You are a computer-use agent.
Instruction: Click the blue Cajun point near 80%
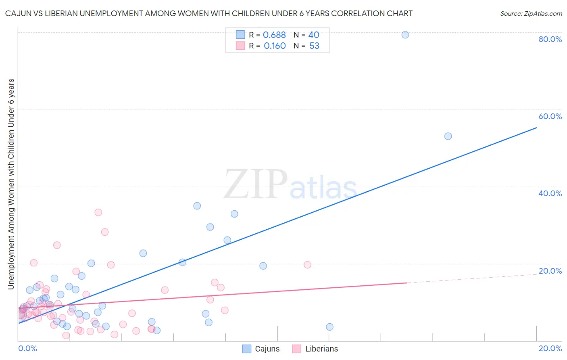coord(405,35)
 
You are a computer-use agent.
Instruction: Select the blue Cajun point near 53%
coord(448,136)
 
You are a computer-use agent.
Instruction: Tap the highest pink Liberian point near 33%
coord(98,212)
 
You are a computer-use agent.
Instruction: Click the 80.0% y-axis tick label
coord(550,39)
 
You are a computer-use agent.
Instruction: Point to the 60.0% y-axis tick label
coord(550,116)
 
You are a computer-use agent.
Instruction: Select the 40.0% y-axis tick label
coord(550,193)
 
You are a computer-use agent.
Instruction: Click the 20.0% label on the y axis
coord(550,271)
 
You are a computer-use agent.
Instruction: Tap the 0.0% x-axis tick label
coord(27,349)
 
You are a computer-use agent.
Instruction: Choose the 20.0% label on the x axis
coord(550,349)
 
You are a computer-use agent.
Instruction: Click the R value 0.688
coord(274,35)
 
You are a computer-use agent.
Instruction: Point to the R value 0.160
coord(275,46)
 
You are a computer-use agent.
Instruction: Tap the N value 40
coord(314,35)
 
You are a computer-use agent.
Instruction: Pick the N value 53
coord(314,46)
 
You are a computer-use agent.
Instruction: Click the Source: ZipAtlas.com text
coord(531,14)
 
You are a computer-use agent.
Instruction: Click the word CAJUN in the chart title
coord(18,14)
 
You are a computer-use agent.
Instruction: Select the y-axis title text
coord(11,184)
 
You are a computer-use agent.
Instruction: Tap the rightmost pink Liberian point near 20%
coord(307,265)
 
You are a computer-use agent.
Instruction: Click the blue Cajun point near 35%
coord(197,206)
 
